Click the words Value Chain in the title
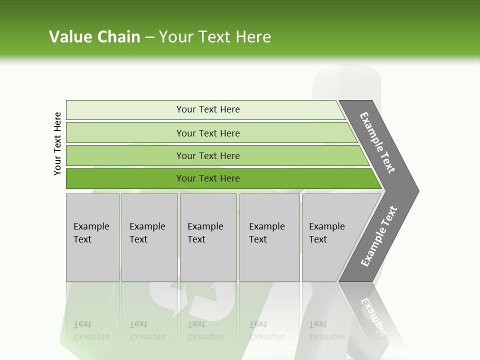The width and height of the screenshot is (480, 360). coord(94,37)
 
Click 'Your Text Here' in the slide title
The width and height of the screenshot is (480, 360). coord(215,37)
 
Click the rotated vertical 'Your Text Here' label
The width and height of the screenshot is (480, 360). coord(58,143)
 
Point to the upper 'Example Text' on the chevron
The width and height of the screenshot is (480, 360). coord(377,142)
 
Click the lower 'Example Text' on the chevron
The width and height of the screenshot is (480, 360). coord(378,236)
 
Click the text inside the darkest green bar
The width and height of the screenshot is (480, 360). coord(208,178)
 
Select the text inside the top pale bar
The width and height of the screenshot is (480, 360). coord(208,109)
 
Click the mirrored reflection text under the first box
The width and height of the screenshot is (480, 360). coord(91,330)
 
